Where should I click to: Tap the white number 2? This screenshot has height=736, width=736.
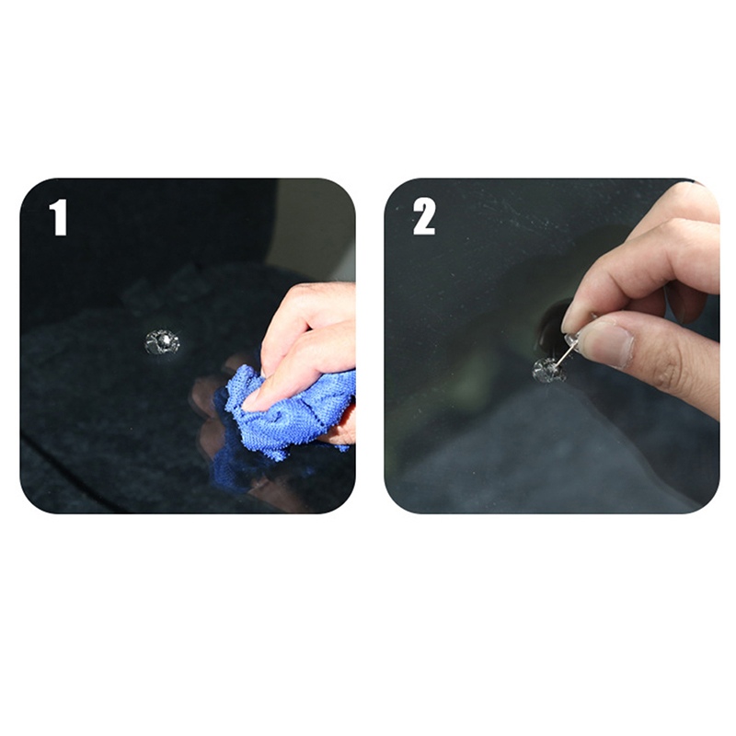424,216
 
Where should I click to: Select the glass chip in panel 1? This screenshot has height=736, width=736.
163,342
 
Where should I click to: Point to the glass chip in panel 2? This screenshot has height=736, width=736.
548,371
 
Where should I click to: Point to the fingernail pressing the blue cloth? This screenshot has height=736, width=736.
252,399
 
